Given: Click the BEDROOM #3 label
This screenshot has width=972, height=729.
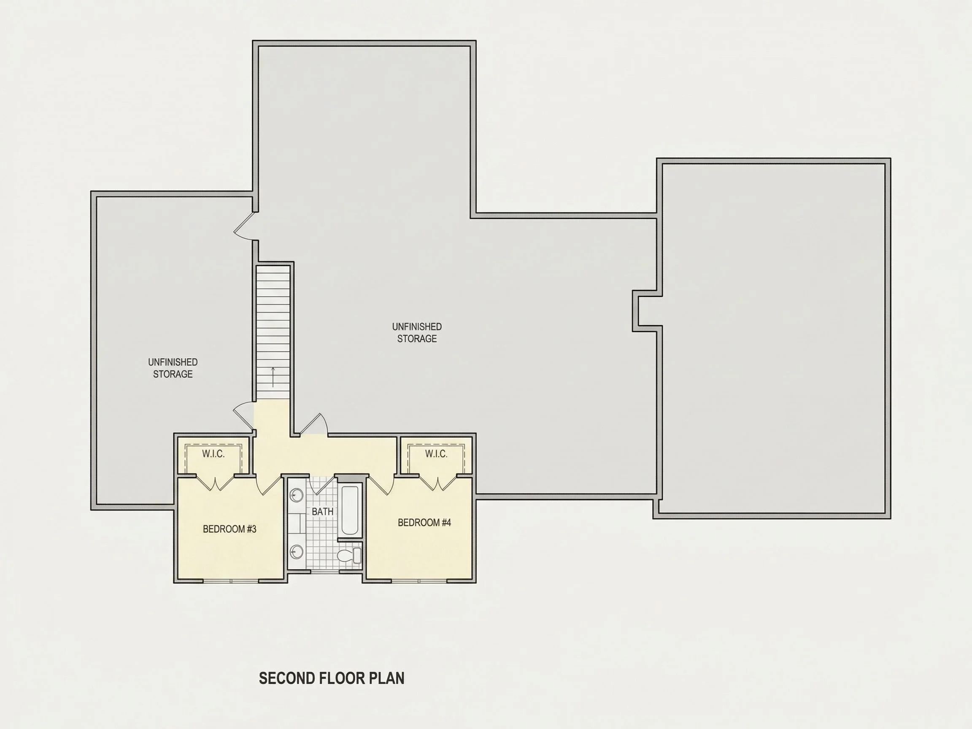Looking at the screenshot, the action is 229,529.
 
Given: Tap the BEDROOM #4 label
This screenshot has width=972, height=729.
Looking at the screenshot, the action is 424,522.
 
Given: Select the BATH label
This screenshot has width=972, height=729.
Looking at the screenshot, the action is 323,511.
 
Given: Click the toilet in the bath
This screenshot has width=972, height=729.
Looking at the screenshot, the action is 350,556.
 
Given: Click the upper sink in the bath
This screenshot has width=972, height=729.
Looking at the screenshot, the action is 297,496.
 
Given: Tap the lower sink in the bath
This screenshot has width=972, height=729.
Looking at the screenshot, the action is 297,551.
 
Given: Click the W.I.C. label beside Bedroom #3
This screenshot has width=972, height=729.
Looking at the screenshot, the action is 213,454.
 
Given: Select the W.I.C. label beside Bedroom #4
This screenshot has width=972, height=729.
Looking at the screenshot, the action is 436,454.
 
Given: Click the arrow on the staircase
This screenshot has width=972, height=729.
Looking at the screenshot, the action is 273,377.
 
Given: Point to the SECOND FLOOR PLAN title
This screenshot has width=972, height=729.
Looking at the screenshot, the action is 332,678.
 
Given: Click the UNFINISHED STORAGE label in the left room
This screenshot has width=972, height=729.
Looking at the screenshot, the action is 173,368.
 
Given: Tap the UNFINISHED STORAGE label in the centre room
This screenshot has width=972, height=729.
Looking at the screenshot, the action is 417,332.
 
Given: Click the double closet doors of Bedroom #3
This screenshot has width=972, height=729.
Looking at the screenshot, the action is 215,483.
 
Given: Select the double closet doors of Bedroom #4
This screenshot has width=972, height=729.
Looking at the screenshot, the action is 437,483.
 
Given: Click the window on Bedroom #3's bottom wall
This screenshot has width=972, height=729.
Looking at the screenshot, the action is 231,580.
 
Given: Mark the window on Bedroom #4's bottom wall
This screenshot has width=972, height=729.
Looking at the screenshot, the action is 420,580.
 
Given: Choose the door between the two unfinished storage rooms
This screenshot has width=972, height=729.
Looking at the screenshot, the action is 245,226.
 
